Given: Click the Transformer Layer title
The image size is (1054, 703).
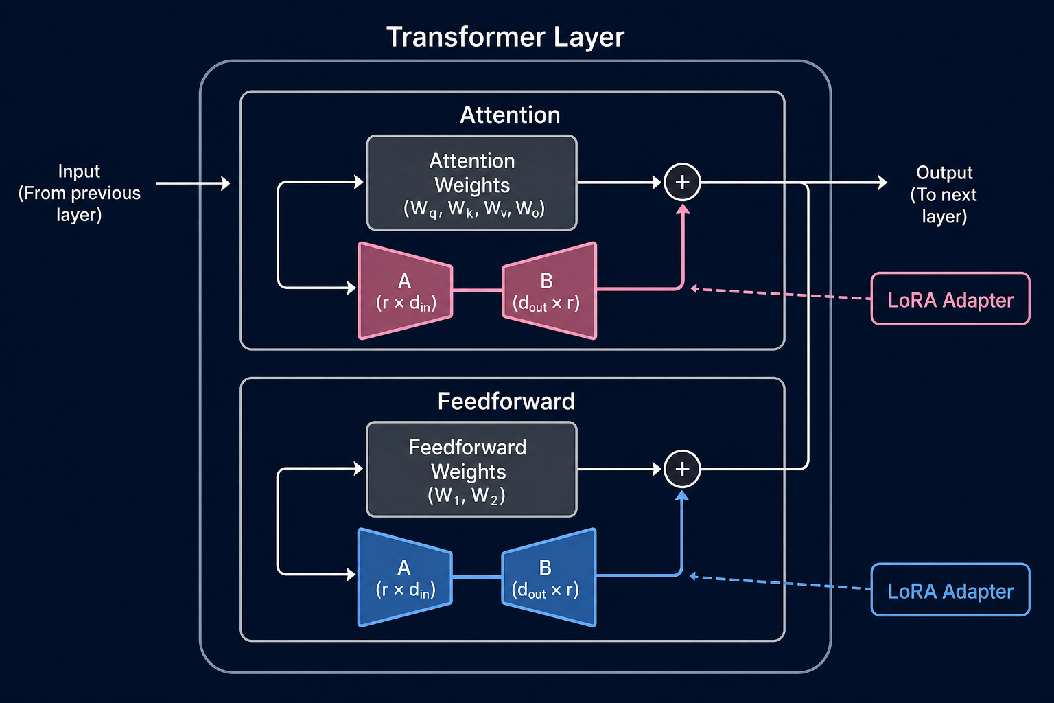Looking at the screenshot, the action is tap(505, 37).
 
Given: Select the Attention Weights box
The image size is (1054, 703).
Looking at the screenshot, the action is tap(472, 183).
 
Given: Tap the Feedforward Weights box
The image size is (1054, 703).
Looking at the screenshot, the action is tap(471, 470).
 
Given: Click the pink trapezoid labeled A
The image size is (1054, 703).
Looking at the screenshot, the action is tap(405, 291).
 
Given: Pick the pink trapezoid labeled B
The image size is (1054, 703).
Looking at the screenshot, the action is tap(550, 291).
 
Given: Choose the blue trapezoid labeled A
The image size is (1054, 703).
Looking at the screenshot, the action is tap(405, 578).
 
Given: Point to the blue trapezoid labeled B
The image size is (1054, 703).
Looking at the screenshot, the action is tap(549, 578).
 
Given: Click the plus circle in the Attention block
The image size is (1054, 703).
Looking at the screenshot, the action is tap(682, 182).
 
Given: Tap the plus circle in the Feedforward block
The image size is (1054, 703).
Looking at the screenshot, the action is tap(682, 469).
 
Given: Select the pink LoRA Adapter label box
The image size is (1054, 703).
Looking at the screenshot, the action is tap(950, 299).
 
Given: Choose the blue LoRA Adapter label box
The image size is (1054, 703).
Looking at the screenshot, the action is tap(950, 590).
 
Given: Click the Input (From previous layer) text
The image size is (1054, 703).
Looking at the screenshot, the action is tap(79, 193).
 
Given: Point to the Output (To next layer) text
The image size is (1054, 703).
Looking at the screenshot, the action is tap(944, 194).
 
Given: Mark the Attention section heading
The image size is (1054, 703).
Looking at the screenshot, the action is tap(510, 115).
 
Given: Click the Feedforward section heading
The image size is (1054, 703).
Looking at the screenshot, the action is tap(506, 401).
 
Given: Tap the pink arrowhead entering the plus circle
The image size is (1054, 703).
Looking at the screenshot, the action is tap(683, 208).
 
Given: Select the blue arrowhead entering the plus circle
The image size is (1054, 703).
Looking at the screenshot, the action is tap(682, 495).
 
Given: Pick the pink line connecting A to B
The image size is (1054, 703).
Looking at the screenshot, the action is tap(477, 290).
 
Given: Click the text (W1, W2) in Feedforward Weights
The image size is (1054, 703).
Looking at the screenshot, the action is tap(467, 496).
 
